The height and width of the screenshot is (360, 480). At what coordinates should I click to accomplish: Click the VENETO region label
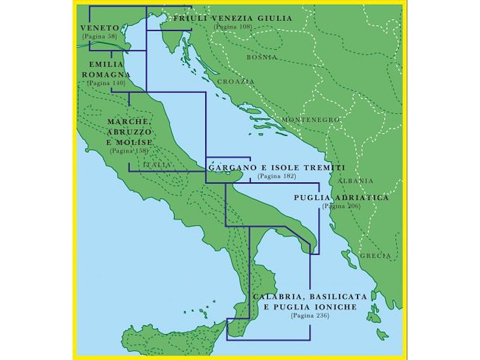click(x=100, y=28)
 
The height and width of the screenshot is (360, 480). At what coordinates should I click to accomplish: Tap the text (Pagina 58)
click(x=100, y=37)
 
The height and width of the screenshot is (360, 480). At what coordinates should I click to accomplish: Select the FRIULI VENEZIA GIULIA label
click(x=233, y=19)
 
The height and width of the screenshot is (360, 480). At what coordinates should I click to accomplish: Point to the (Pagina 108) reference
click(x=233, y=27)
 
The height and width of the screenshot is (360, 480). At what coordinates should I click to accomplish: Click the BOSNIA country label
click(x=262, y=57)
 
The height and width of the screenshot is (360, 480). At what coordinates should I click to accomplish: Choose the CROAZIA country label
click(x=236, y=81)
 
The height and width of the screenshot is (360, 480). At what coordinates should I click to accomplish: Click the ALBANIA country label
click(x=355, y=181)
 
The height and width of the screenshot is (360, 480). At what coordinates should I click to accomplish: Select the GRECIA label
click(x=376, y=256)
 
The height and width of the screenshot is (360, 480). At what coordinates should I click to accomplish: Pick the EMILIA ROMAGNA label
click(x=106, y=69)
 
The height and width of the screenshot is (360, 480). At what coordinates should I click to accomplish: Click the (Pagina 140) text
click(x=106, y=83)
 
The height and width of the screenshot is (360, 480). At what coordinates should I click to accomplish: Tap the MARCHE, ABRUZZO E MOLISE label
click(x=129, y=132)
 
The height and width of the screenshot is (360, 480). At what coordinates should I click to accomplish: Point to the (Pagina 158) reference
click(x=129, y=151)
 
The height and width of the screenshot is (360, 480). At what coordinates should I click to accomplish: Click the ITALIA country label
click(x=158, y=164)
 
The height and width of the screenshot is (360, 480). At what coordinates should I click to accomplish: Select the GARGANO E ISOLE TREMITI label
click(x=277, y=168)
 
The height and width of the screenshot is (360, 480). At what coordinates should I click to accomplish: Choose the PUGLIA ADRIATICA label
click(x=341, y=197)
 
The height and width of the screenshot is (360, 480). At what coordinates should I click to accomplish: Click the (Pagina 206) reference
click(x=341, y=206)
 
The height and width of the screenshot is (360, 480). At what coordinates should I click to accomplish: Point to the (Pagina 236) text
click(x=310, y=316)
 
